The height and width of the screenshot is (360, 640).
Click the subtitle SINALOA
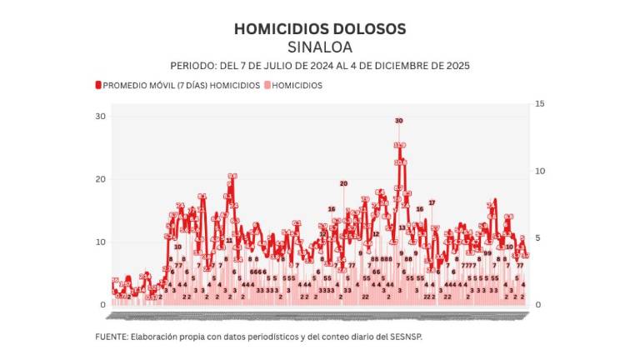point(320,47)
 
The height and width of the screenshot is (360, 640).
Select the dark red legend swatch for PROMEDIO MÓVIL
point(98,85)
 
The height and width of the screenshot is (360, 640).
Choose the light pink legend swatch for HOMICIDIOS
point(267,85)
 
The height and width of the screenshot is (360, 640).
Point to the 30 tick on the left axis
point(100,116)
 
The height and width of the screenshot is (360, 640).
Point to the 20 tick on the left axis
point(100,179)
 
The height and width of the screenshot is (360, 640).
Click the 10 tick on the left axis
point(100,242)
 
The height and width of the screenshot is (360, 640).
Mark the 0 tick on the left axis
point(102,305)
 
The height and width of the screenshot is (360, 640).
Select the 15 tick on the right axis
point(540,103)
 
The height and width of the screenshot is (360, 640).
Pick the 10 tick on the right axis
point(540,171)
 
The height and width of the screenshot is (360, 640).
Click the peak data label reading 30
point(399,121)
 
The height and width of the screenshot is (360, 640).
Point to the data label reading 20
point(343,183)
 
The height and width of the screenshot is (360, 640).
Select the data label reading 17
point(432,202)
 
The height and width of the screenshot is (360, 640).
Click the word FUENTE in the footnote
point(111,337)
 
